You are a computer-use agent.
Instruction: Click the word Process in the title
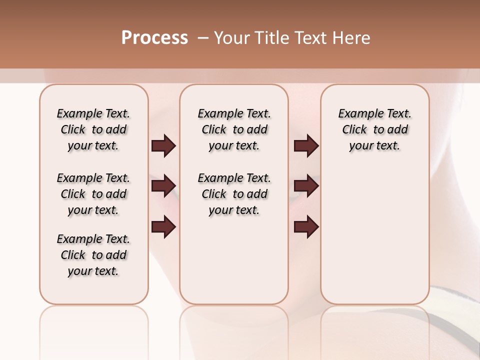point(154,38)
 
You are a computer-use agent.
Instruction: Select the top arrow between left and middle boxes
point(163,146)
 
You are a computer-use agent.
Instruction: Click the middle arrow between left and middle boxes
point(163,186)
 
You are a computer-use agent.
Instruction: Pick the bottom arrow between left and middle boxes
point(163,227)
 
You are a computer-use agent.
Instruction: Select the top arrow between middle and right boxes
point(306,146)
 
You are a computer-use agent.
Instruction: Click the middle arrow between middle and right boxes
point(306,186)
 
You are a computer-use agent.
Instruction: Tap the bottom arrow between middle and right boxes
point(306,227)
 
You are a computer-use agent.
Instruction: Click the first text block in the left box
point(93,129)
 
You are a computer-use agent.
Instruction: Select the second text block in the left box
point(93,194)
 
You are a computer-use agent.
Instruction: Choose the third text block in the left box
point(93,255)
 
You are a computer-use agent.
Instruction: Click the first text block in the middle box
point(234,129)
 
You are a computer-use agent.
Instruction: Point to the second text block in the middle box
point(234,194)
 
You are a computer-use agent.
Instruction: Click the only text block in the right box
point(374,129)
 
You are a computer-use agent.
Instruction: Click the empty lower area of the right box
point(374,235)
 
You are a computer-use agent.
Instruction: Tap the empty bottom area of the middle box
point(234,265)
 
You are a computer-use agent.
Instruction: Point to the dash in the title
point(203,38)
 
